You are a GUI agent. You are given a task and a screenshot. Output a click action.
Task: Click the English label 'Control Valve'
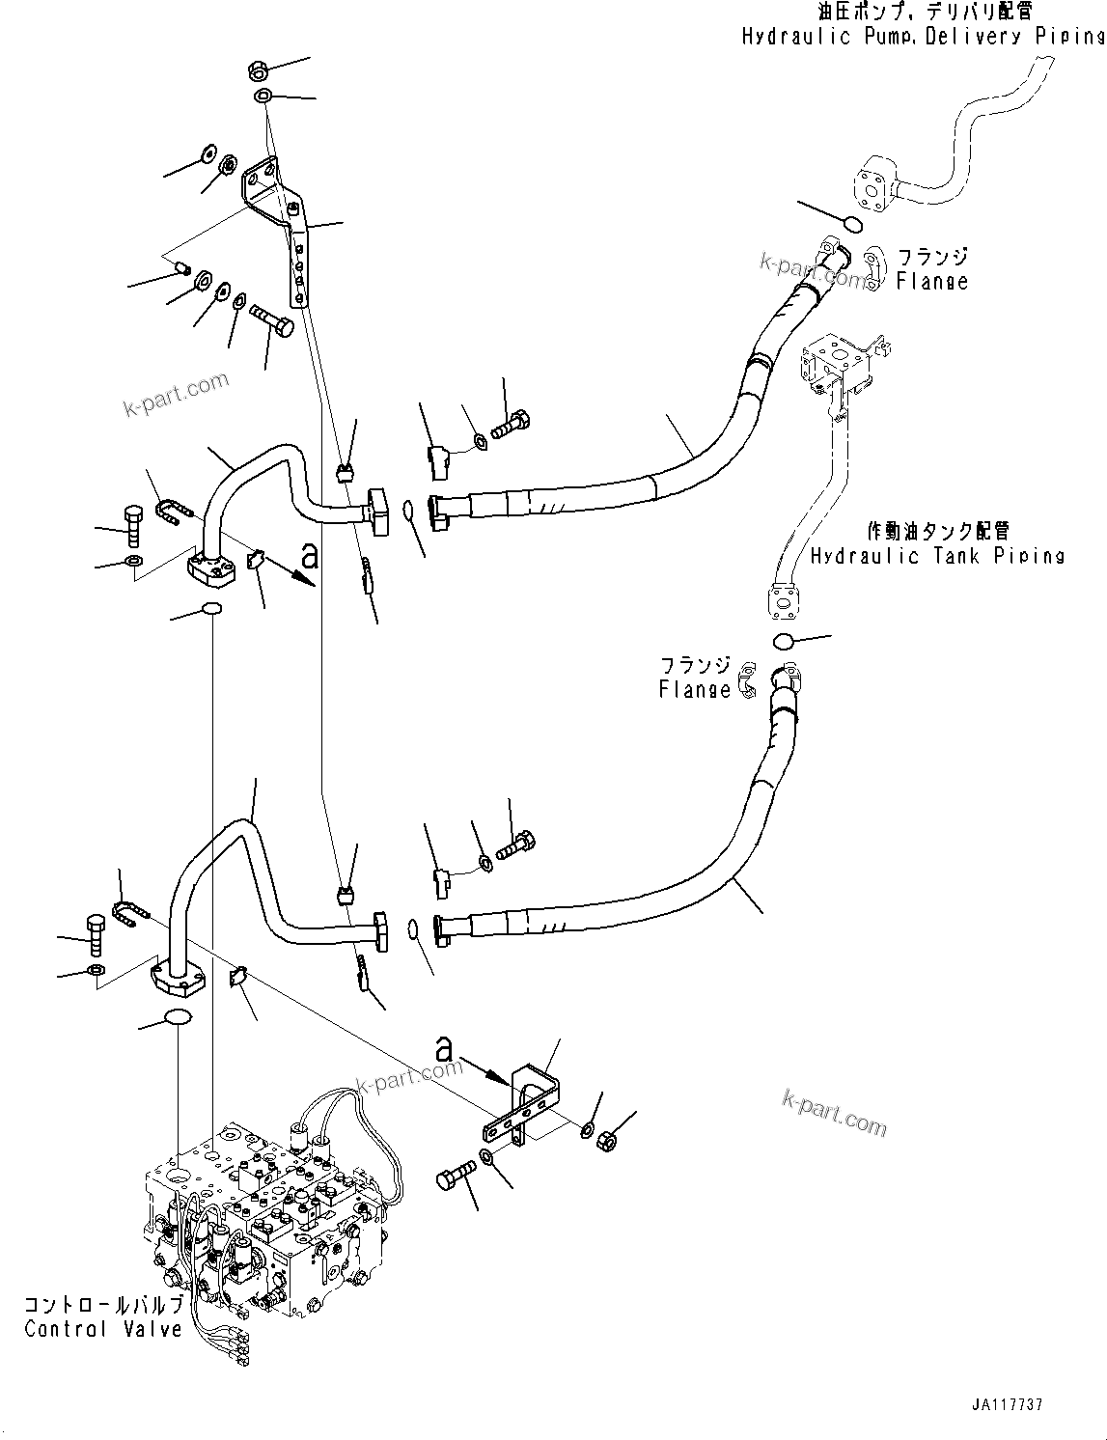tap(103, 1329)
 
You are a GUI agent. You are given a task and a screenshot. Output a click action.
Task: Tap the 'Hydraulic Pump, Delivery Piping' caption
tap(923, 37)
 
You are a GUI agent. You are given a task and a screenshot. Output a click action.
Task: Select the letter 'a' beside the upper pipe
tap(309, 556)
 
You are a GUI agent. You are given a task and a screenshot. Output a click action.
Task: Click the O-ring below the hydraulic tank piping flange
tap(783, 642)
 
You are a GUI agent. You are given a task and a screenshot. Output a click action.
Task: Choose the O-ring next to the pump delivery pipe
tap(852, 224)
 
